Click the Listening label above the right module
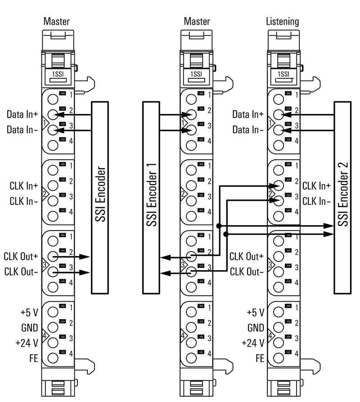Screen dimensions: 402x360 [x=282, y=21]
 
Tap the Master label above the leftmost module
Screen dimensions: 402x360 [x=57, y=21]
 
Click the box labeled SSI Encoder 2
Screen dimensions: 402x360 [x=343, y=198]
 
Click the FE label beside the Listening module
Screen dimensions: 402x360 [x=259, y=358]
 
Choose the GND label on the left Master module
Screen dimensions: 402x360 [x=30, y=327]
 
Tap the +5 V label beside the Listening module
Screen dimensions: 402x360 [x=255, y=312]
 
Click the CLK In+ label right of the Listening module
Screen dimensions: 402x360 [x=316, y=185]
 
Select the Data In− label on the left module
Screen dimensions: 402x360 [x=22, y=130]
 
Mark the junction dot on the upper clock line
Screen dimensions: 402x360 [x=218, y=226]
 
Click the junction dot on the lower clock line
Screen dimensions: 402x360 [x=226, y=234]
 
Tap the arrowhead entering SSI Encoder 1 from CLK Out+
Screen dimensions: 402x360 [x=165, y=258]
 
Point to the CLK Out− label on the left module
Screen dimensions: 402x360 [x=21, y=272]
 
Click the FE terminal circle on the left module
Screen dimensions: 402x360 [x=53, y=358]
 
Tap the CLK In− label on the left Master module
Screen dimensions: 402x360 [x=24, y=201]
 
